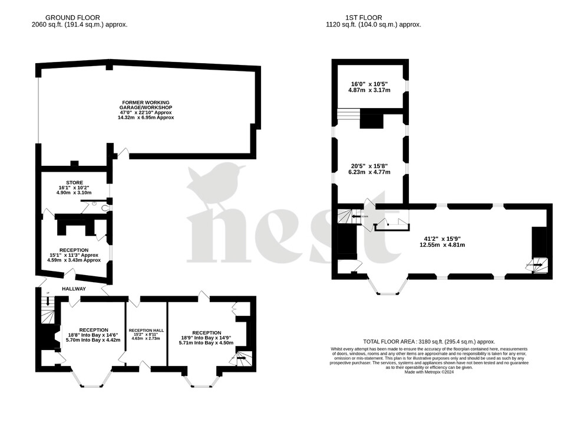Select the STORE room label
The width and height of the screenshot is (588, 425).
click(74, 182)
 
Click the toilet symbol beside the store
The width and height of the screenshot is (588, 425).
click(104, 208)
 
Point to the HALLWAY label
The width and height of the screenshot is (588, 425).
click(74, 289)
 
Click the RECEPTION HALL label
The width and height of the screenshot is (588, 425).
click(146, 330)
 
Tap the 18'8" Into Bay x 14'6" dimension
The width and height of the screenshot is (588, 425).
click(93, 335)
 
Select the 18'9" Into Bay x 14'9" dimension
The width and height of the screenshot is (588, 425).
click(201, 338)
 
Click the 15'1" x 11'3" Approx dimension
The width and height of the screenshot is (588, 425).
click(74, 255)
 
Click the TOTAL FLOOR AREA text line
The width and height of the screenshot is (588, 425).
click(428, 342)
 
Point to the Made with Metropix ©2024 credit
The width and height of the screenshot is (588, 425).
click(428, 372)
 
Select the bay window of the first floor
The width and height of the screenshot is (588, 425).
click(388, 287)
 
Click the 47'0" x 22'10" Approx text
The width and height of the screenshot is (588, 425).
click(146, 112)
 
